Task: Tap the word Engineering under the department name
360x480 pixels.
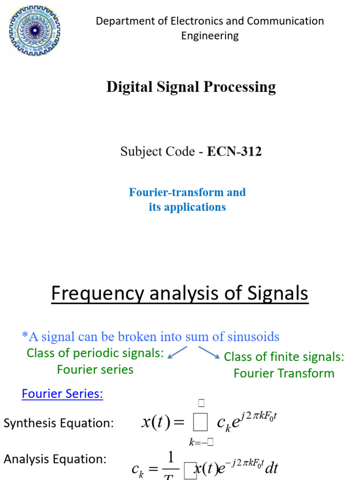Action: [x=210, y=36]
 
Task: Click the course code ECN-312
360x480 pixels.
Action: [x=234, y=151]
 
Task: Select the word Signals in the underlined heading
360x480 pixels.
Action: [x=277, y=294]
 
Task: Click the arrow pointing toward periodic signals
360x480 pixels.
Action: [x=177, y=352]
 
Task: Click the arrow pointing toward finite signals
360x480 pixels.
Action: [x=209, y=352]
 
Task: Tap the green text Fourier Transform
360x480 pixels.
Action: [x=284, y=373]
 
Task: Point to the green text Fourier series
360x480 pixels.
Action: [x=95, y=369]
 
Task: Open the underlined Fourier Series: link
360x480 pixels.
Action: [x=62, y=394]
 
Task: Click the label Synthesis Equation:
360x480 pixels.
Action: [x=59, y=423]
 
